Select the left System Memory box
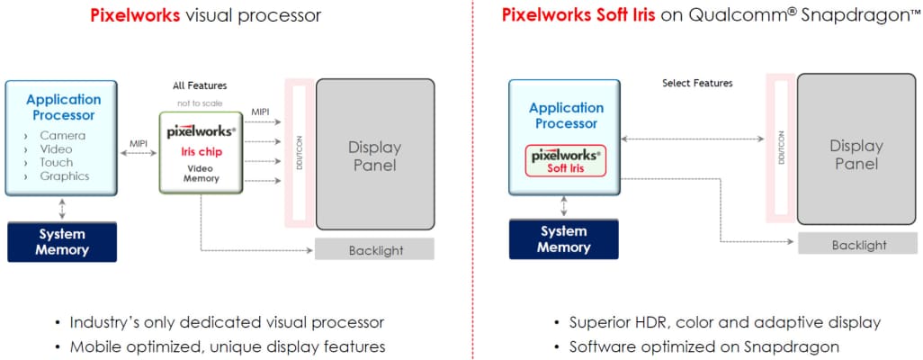pyautogui.click(x=62, y=241)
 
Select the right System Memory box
pyautogui.click(x=563, y=238)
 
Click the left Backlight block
pyautogui.click(x=375, y=250)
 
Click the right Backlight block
pyautogui.click(x=858, y=244)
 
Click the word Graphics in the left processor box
pyautogui.click(x=65, y=176)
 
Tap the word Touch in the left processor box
pyautogui.click(x=57, y=163)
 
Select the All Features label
pyautogui.click(x=200, y=85)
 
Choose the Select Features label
pyautogui.click(x=697, y=83)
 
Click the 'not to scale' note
pyautogui.click(x=200, y=103)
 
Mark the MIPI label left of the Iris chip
pyautogui.click(x=139, y=143)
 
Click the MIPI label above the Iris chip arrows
pyautogui.click(x=260, y=111)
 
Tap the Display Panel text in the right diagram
pyautogui.click(x=856, y=154)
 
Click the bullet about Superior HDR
pyautogui.click(x=725, y=322)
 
